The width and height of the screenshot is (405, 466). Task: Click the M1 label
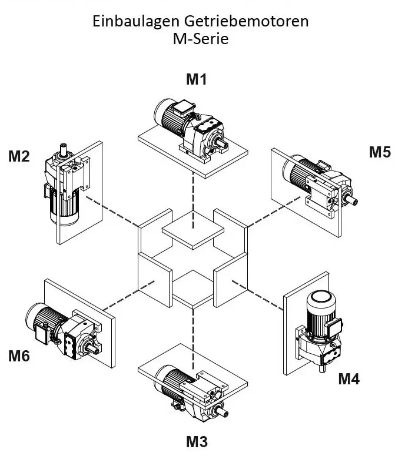(x=196, y=79)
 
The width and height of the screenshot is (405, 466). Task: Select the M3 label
(x=196, y=442)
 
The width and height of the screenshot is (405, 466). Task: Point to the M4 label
(x=348, y=379)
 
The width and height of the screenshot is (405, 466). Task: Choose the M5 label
(x=380, y=152)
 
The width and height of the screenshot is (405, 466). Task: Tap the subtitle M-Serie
(x=200, y=40)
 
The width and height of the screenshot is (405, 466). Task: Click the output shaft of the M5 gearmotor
(x=352, y=200)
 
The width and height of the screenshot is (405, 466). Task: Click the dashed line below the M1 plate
(x=193, y=188)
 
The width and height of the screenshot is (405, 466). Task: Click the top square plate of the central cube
(x=193, y=230)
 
